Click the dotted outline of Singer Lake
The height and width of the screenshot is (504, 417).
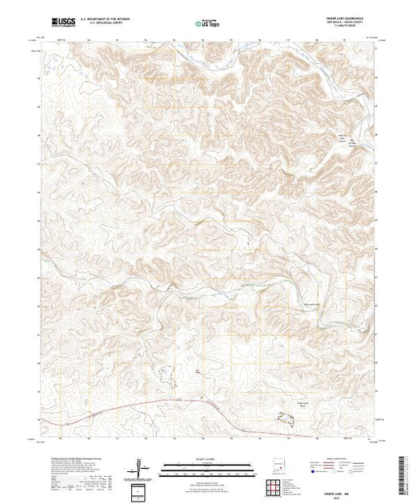click(x=286, y=416)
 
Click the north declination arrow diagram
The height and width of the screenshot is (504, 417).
click(x=141, y=466)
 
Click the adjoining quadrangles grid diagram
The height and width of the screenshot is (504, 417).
click(x=277, y=483)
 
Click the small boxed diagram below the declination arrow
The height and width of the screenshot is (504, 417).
click(x=141, y=490)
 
